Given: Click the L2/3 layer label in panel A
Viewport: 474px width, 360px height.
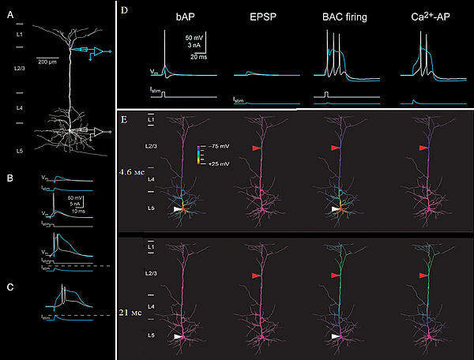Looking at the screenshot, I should tap(20, 70).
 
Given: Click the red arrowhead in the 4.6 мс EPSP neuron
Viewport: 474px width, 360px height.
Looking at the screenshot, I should tap(256, 148).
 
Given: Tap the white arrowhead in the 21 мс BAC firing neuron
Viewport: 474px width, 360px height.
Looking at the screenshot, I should tap(336, 336).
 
